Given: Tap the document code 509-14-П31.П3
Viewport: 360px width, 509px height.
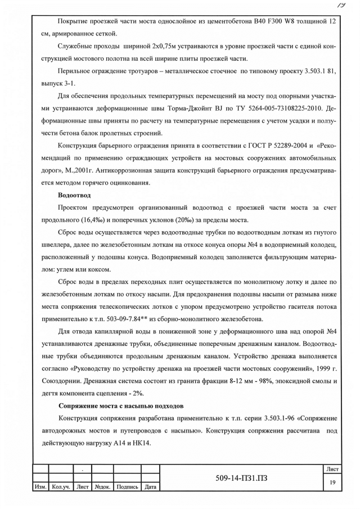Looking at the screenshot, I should (x=242, y=478).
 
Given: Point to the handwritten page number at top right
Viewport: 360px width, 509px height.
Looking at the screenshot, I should (x=341, y=5).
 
